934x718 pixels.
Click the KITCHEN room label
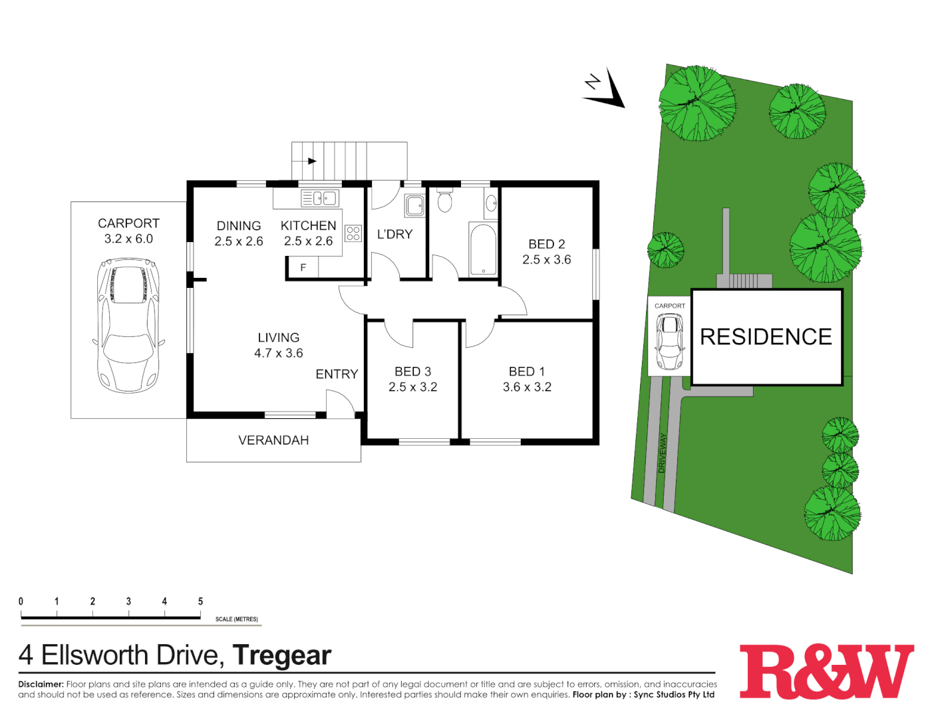[308, 226]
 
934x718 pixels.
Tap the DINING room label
[239, 226]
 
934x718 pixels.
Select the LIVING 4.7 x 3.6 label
[279, 345]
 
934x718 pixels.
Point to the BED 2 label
[547, 244]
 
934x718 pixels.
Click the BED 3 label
[412, 372]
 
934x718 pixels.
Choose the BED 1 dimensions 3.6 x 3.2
[527, 387]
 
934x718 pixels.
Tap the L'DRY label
[394, 234]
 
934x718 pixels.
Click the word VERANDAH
[273, 440]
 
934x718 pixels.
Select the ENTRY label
[337, 374]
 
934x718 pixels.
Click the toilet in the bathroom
[445, 201]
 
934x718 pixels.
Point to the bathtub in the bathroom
[483, 250]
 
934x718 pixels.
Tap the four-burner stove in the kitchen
[353, 233]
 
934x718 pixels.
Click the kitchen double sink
[321, 198]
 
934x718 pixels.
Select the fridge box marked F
[303, 267]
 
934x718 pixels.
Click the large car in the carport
[128, 325]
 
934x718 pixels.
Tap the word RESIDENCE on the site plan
[766, 337]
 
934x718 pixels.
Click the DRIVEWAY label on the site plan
[662, 453]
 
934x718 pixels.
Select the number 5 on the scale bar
[200, 601]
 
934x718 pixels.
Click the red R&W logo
[827, 671]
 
